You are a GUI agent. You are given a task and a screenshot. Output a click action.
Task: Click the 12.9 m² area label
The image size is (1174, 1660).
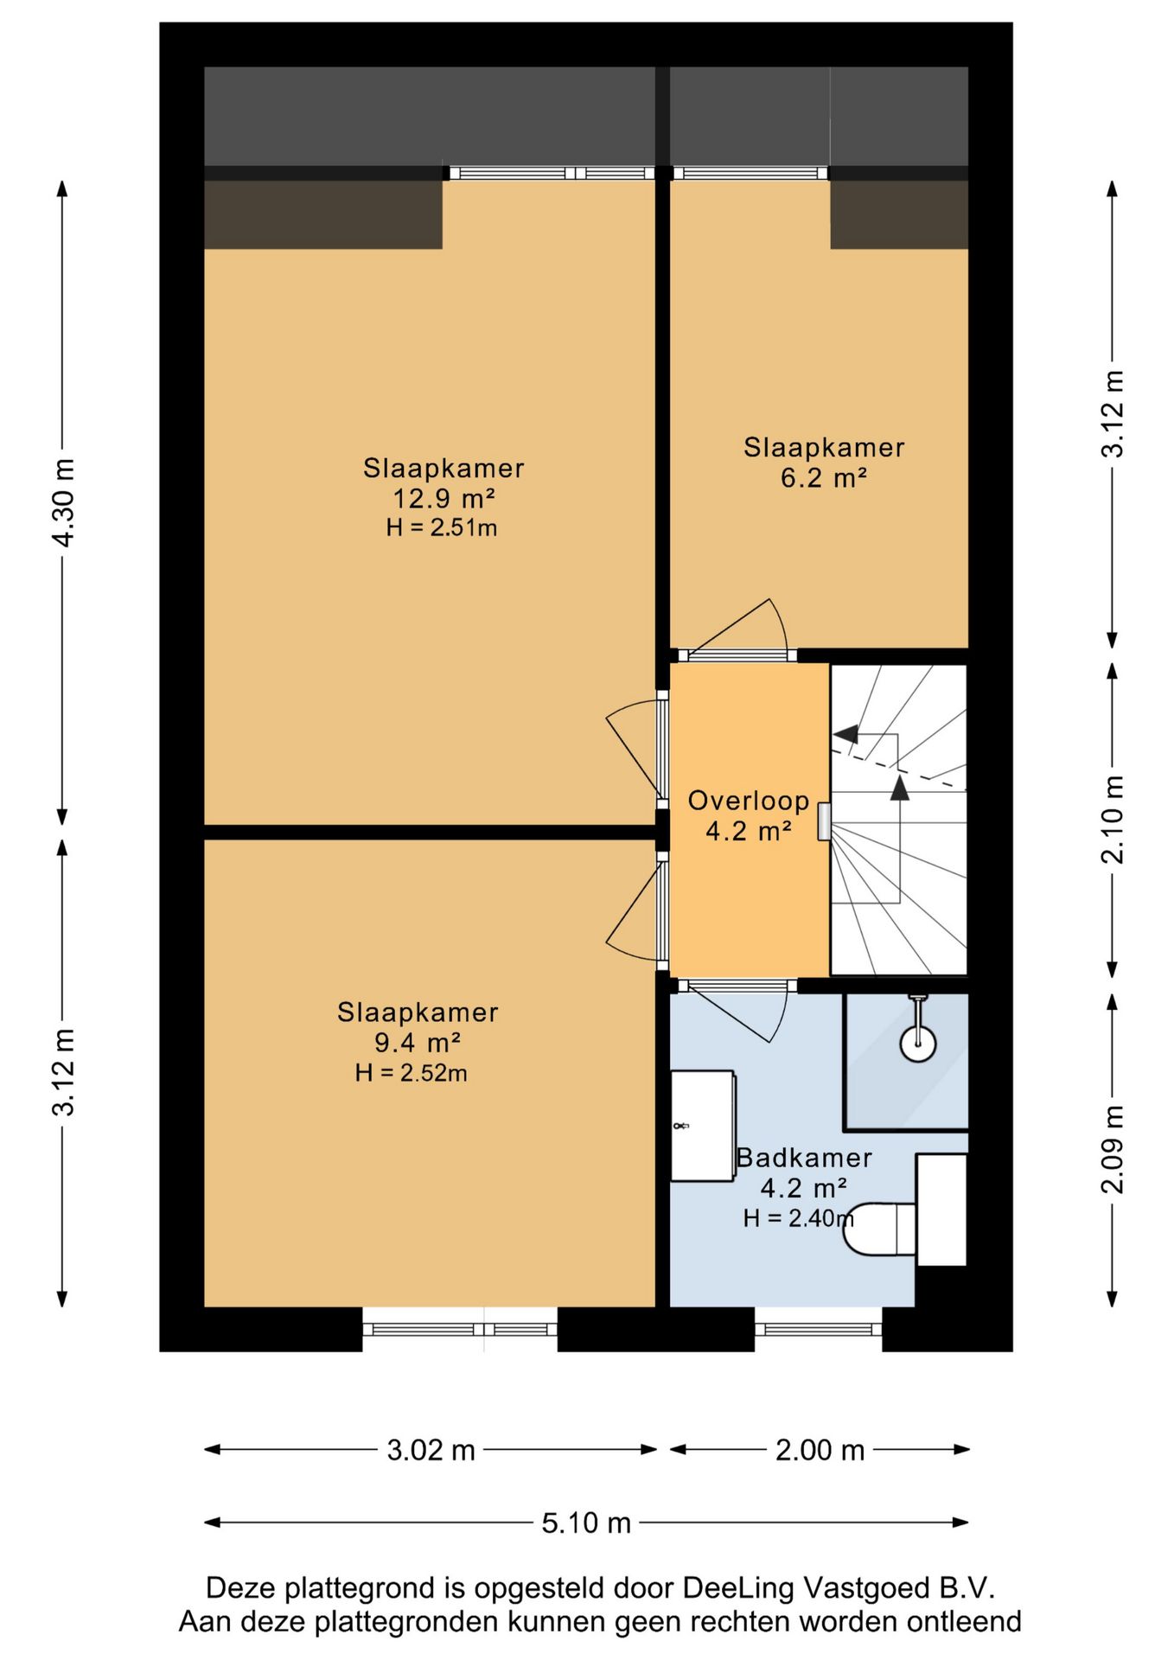tap(443, 499)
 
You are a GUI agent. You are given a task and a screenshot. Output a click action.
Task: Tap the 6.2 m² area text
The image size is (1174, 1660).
tap(823, 478)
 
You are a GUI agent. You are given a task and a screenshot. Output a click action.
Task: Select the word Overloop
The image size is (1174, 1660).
tap(749, 801)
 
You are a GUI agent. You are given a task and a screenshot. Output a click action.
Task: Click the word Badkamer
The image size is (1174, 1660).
tap(804, 1158)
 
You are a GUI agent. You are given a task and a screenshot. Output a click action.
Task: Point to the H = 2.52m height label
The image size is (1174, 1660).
tap(412, 1073)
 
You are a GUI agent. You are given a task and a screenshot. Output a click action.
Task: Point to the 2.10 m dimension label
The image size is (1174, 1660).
tap(1113, 820)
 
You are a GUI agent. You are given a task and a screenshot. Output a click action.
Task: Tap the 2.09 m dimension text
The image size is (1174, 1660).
tap(1113, 1149)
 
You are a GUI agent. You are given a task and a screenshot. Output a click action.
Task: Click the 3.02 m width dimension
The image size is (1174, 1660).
tap(431, 1450)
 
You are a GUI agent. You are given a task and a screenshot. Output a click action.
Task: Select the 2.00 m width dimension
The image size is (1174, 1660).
tap(820, 1450)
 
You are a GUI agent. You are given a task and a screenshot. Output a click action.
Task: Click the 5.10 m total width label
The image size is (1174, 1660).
tap(586, 1523)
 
